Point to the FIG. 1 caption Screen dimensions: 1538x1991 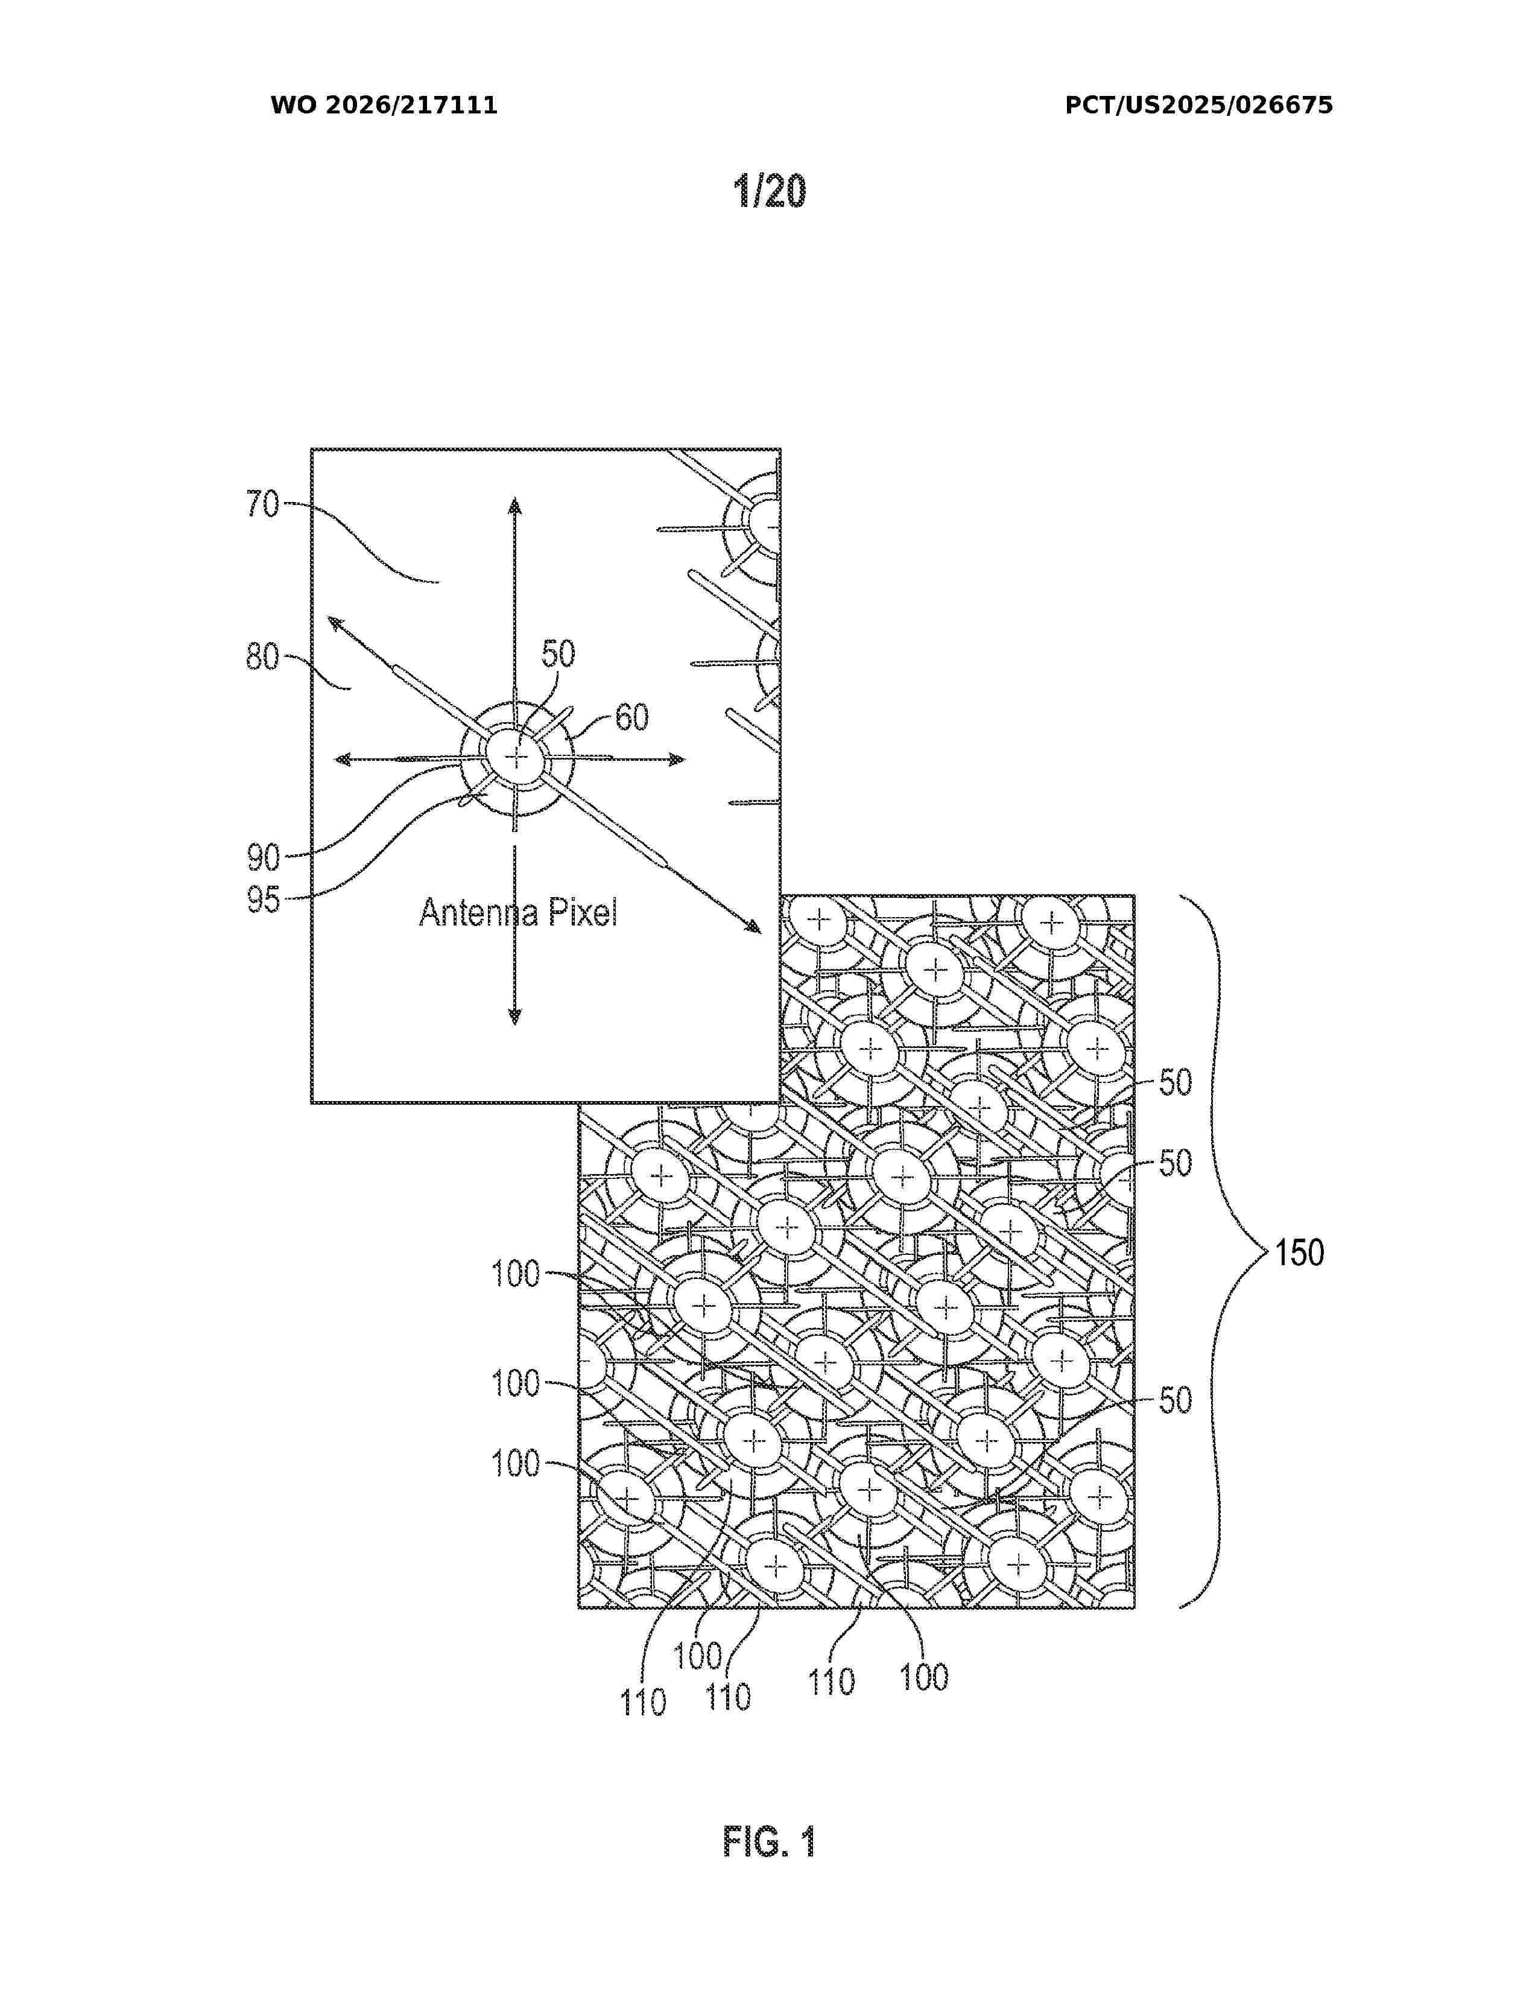click(770, 1843)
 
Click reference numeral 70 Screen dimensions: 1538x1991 click(262, 504)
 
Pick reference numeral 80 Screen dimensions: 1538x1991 click(262, 656)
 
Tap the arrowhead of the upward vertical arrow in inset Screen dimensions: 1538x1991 click(515, 506)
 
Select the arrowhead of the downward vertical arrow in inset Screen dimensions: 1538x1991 click(515, 1017)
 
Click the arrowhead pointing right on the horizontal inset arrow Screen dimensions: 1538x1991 click(676, 760)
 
